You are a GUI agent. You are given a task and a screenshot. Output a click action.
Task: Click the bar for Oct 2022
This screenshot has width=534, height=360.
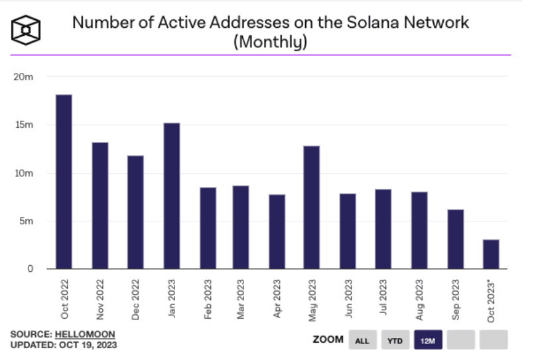[x=64, y=182]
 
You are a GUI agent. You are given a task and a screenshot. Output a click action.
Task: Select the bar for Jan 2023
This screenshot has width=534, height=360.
[x=171, y=196]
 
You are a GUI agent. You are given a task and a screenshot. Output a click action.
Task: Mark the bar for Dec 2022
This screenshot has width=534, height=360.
[x=135, y=212]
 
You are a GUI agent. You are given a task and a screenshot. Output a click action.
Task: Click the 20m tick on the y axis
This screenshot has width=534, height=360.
[x=23, y=77]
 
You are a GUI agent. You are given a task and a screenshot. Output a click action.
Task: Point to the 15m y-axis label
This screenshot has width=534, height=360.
[x=23, y=125]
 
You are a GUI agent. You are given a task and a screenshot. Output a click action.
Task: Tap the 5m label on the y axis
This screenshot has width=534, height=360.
[x=25, y=221]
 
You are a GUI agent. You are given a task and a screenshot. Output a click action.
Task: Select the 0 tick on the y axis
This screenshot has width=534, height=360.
[x=30, y=269]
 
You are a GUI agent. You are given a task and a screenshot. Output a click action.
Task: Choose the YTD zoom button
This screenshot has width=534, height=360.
[x=395, y=340]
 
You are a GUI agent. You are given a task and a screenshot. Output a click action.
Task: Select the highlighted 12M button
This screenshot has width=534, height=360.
[x=428, y=340]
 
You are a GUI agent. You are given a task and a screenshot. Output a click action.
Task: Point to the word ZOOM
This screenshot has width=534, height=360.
[x=328, y=339]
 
